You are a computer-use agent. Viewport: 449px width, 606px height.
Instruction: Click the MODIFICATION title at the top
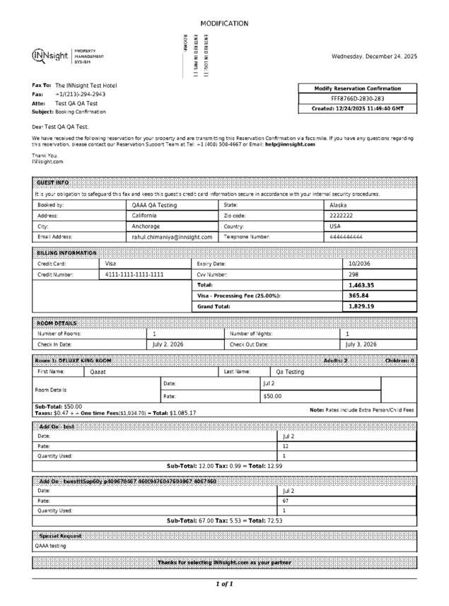click(224, 23)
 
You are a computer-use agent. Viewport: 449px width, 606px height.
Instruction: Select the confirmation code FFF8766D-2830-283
click(358, 99)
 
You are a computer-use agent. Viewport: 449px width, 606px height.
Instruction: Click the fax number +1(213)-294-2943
click(80, 94)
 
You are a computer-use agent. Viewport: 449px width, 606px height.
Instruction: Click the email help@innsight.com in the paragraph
click(290, 144)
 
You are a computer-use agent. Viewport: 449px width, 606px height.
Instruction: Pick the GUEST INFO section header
click(53, 182)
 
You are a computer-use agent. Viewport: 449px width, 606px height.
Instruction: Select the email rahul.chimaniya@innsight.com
click(172, 238)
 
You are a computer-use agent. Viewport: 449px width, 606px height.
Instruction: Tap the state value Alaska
click(338, 204)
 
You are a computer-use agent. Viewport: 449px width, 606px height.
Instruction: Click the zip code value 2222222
click(342, 216)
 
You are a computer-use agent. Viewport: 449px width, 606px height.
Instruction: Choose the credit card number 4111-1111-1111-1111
click(134, 274)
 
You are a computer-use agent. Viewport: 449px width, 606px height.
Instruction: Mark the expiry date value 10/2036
click(360, 263)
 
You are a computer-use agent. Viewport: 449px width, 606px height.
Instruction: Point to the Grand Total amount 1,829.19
click(361, 307)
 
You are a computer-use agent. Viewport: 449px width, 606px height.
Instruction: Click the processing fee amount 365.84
click(358, 296)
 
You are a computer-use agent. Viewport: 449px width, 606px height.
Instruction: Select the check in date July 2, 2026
click(168, 344)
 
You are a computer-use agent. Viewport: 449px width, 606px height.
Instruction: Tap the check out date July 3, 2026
click(361, 344)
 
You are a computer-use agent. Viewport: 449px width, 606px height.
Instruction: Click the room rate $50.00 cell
click(272, 397)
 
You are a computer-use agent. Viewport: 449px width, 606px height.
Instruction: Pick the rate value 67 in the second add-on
click(285, 500)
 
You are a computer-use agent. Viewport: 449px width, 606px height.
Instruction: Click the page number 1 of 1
click(224, 584)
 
